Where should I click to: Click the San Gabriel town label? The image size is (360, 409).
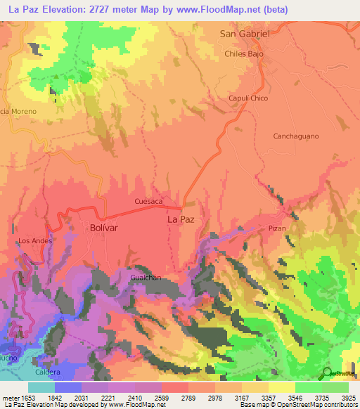[x=245, y=34]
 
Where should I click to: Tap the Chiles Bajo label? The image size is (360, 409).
[x=244, y=53]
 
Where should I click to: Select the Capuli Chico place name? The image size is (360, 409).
[x=248, y=98]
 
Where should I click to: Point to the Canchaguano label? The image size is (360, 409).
[x=296, y=136]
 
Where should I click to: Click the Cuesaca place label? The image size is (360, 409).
[x=148, y=202]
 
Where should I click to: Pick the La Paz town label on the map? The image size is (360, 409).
[x=180, y=219]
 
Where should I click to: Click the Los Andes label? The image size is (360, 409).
[x=35, y=241]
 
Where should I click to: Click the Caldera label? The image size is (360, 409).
[x=47, y=372]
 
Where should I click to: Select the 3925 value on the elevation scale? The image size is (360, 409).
[x=348, y=397]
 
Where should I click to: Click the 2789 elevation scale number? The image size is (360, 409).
[x=188, y=397]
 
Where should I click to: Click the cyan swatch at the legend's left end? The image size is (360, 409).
[x=41, y=387]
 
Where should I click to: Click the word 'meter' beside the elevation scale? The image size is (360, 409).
[x=9, y=397]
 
